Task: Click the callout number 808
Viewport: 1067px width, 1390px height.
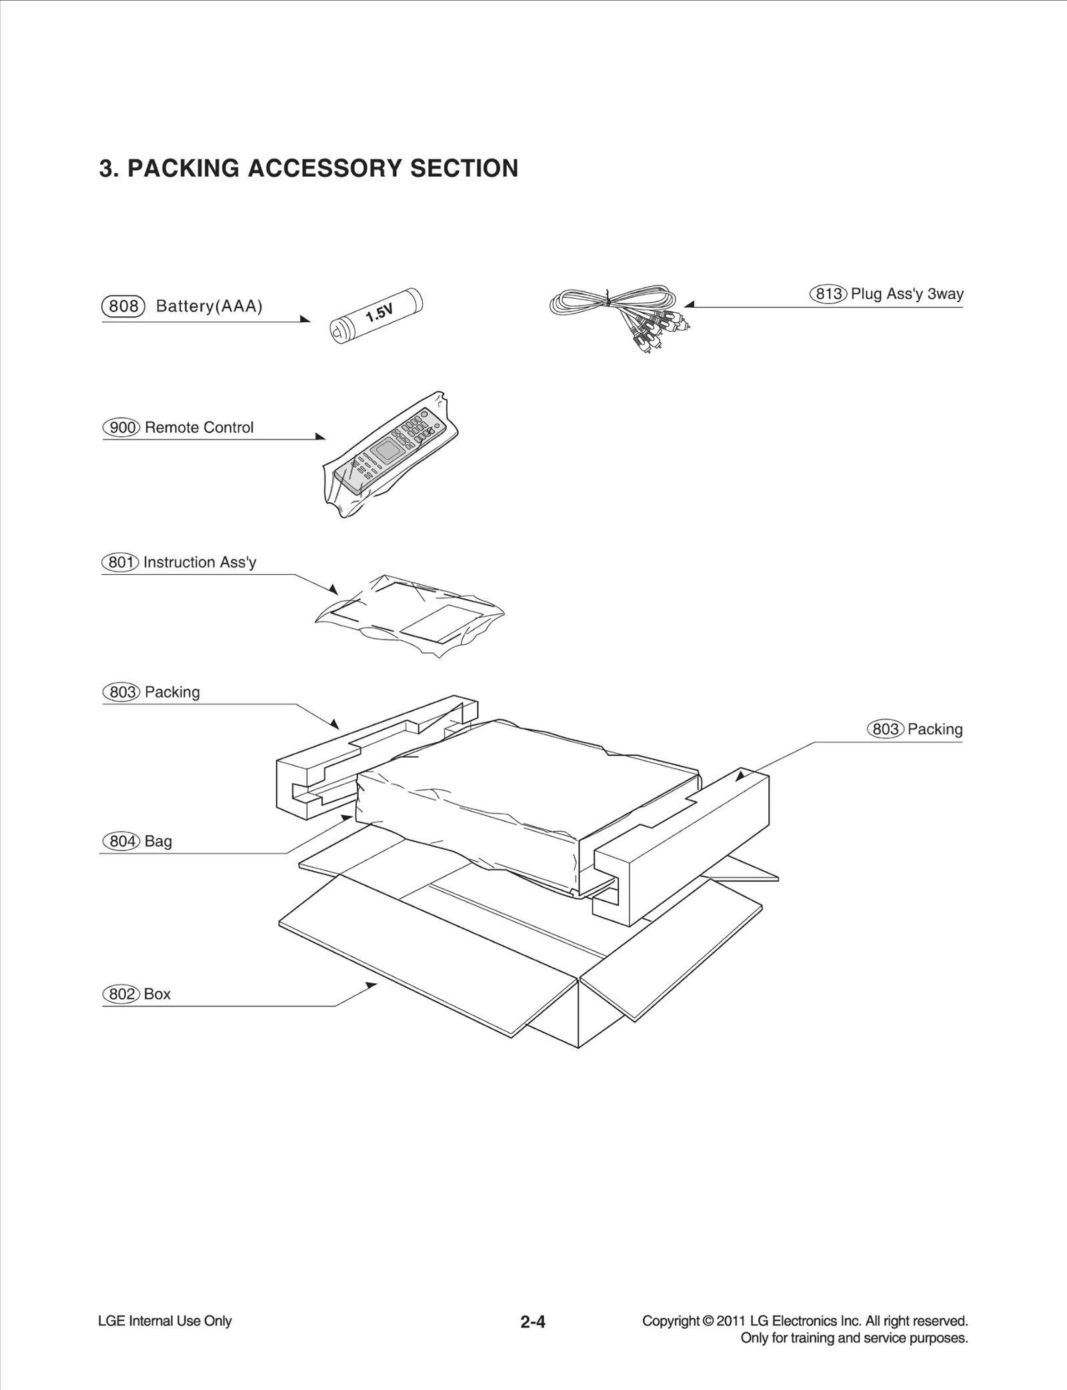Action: tap(123, 306)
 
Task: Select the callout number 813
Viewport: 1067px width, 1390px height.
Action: tap(828, 294)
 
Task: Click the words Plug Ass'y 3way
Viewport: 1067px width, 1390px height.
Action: tap(907, 294)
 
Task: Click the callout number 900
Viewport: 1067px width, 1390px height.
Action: tap(122, 428)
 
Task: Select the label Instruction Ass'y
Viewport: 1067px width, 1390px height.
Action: tap(199, 562)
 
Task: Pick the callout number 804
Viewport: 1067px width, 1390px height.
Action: tap(122, 841)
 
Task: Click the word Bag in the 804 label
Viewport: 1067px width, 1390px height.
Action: tap(158, 841)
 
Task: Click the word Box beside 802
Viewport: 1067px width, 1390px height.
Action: tap(157, 994)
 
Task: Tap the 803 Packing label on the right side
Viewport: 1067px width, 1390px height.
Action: tap(915, 729)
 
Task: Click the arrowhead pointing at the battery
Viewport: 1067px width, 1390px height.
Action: tap(306, 319)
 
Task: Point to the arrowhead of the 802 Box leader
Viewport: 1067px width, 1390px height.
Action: tap(371, 984)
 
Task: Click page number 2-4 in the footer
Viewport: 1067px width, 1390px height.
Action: tap(533, 1321)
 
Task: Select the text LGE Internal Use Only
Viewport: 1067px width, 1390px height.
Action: tap(165, 1321)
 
